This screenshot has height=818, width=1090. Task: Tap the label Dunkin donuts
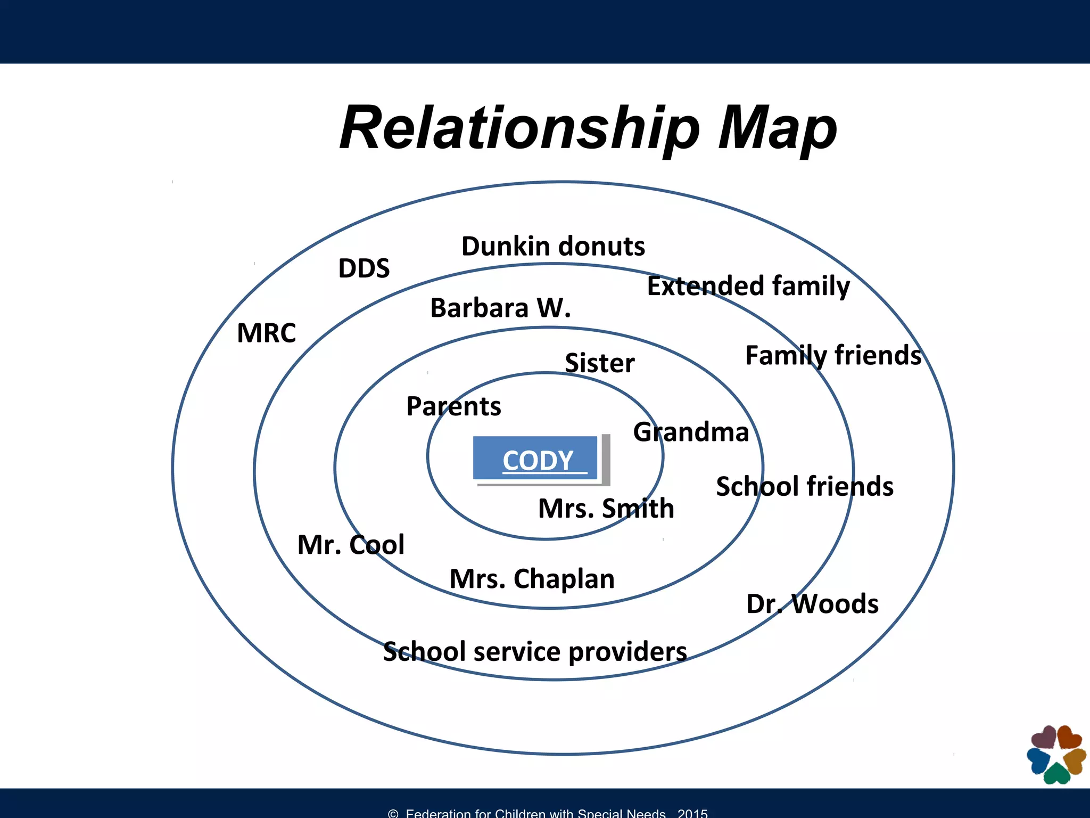(x=553, y=246)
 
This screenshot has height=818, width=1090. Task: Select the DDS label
(x=364, y=268)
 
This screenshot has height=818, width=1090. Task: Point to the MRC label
(x=266, y=333)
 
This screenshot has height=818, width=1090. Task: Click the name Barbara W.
(x=500, y=308)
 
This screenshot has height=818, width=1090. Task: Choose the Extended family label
(x=748, y=286)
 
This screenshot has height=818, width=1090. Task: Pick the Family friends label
(x=833, y=355)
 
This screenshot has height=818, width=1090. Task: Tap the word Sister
(x=600, y=363)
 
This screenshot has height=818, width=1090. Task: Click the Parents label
(x=453, y=406)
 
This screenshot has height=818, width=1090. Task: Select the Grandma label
(x=691, y=432)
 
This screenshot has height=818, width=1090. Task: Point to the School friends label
(x=805, y=486)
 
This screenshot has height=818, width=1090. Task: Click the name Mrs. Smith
(x=606, y=508)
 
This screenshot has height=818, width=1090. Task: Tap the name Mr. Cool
(x=351, y=545)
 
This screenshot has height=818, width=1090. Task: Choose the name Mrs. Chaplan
(x=532, y=579)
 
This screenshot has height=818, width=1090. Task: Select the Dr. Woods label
(x=812, y=604)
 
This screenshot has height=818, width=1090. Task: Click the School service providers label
(x=535, y=652)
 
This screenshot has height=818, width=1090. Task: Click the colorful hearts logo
(x=1056, y=754)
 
